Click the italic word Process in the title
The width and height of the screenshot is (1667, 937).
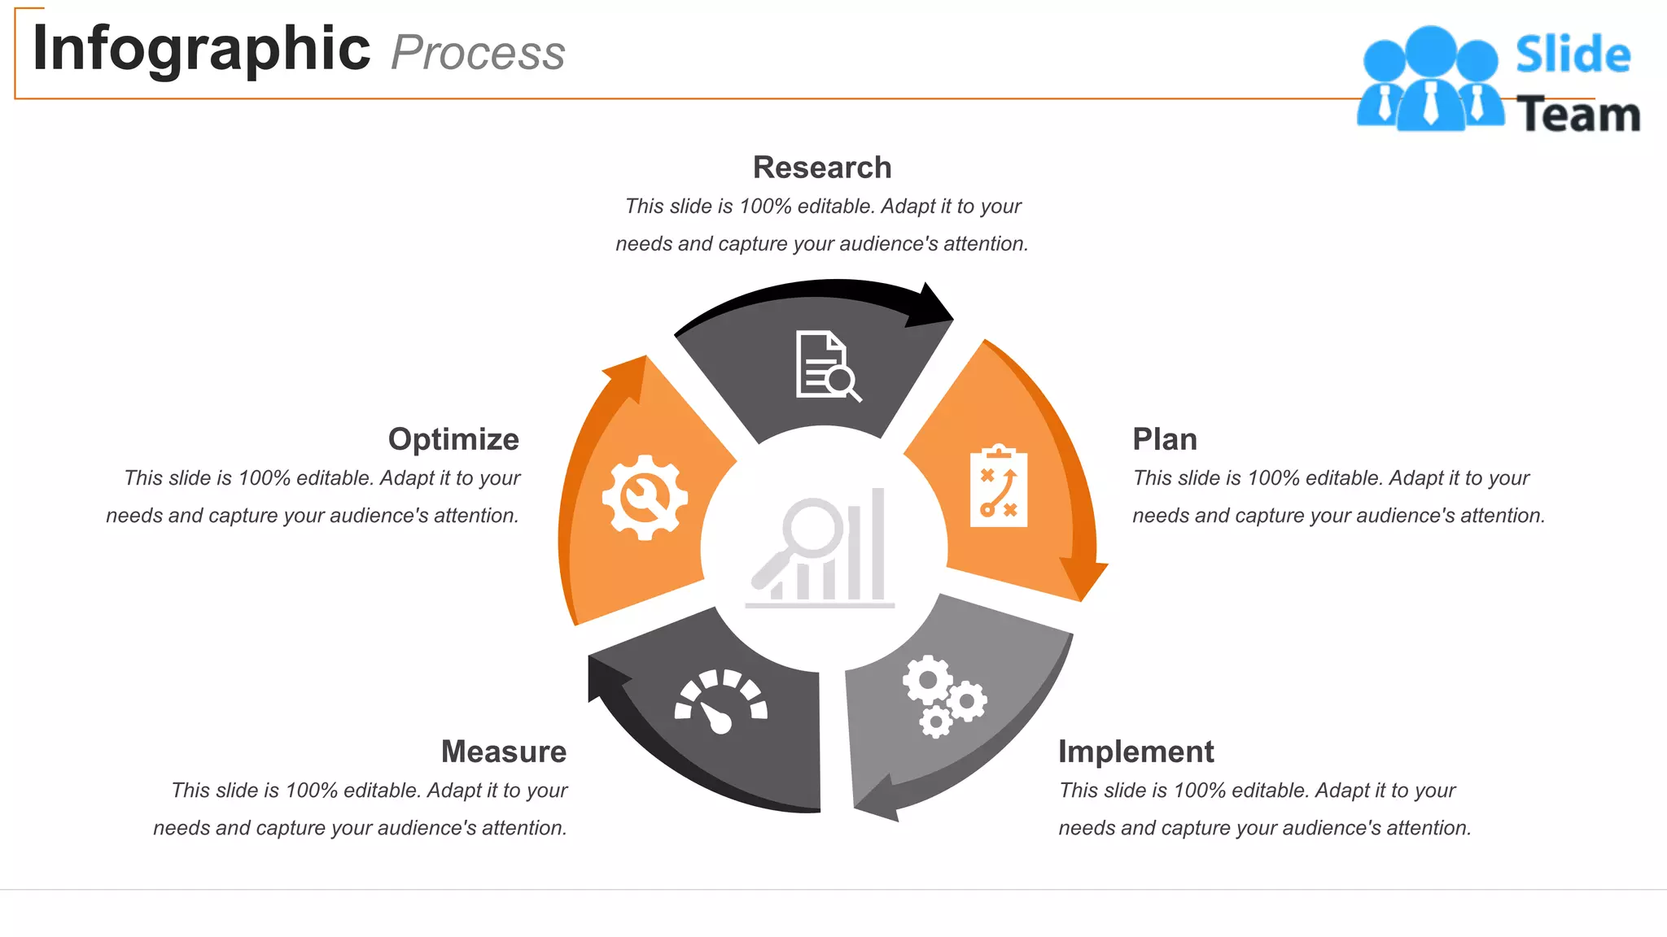pos(478,54)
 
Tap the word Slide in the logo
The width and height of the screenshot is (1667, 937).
pos(1573,55)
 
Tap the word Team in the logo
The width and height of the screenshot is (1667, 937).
pos(1577,115)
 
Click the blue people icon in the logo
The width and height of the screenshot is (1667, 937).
pos(1430,80)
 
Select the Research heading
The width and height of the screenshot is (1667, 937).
pos(822,168)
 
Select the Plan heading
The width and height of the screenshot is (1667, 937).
pos(1165,439)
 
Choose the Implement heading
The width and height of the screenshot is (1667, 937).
pos(1135,752)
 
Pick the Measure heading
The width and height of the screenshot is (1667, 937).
pos(504,752)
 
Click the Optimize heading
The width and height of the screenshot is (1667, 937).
pos(453,439)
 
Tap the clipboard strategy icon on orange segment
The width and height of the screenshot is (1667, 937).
pos(999,486)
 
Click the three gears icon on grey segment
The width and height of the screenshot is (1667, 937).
pos(943,696)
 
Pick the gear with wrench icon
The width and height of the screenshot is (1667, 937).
pos(645,497)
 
